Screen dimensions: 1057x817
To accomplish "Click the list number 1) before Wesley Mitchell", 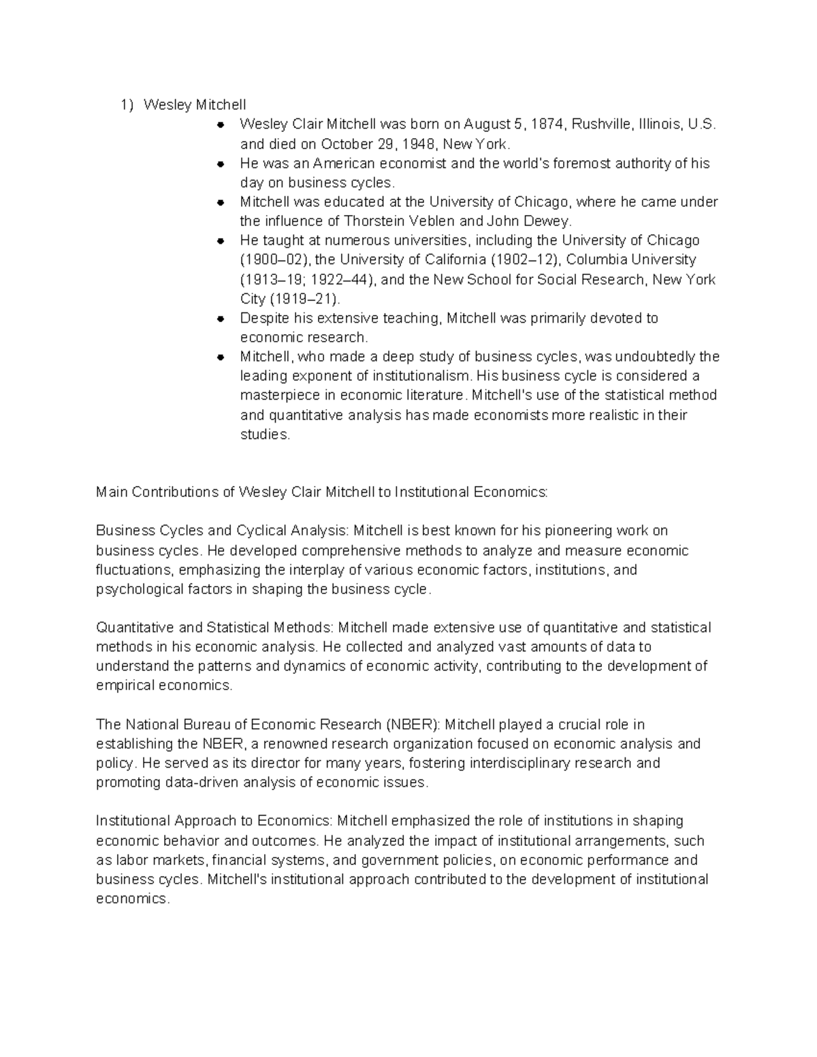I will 127,105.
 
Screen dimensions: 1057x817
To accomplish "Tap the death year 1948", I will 418,144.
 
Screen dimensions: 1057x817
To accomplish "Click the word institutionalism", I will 420,376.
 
